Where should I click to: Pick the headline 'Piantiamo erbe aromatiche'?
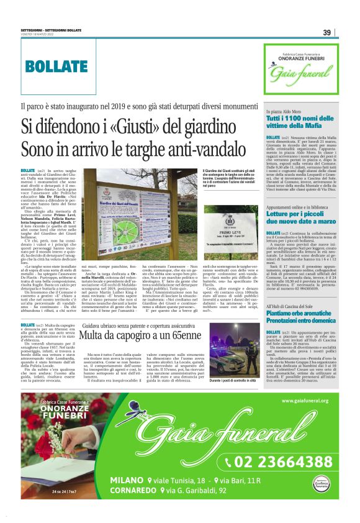[x=301, y=314]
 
